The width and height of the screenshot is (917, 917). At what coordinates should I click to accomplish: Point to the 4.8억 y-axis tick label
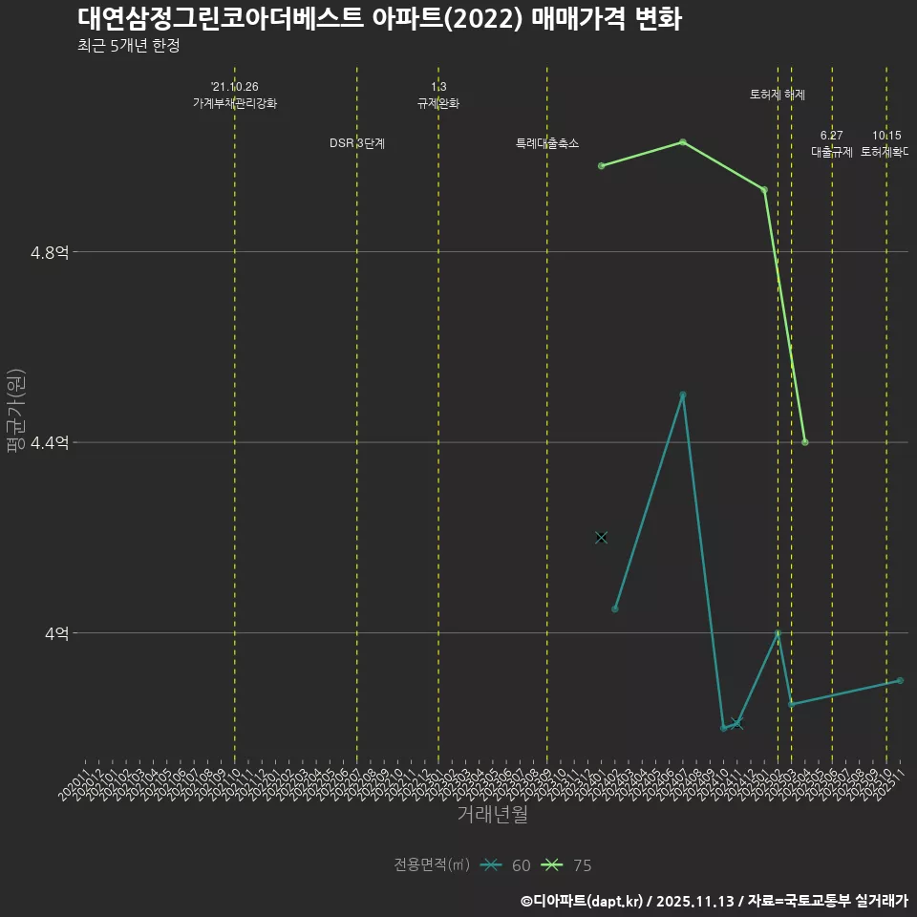(50, 252)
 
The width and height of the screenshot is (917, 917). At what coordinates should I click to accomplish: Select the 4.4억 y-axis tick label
(50, 442)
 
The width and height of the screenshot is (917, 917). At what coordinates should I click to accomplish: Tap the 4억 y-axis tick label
(55, 632)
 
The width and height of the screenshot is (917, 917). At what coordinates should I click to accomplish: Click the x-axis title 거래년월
(492, 814)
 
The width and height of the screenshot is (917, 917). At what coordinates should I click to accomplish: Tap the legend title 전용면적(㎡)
(431, 865)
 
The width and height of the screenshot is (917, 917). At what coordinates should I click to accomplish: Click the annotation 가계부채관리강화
(235, 103)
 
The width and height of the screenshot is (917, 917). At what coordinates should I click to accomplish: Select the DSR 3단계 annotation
(357, 143)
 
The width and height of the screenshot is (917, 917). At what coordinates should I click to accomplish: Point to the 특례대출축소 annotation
(547, 143)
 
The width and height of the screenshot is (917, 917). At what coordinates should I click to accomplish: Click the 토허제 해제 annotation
(778, 95)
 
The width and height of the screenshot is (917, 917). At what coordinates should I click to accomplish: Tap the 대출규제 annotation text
(831, 151)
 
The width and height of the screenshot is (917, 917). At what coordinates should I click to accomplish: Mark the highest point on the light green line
(683, 142)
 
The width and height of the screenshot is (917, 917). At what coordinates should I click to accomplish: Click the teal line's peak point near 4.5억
(683, 395)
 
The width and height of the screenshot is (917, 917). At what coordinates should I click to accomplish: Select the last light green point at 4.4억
(805, 442)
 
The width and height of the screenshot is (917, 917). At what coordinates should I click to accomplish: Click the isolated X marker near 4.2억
(601, 538)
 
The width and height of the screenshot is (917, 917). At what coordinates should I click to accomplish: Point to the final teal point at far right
(900, 680)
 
